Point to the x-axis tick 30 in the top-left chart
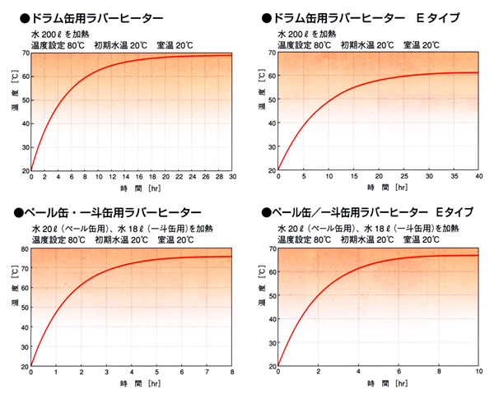[x=232, y=178]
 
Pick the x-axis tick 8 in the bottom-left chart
[x=232, y=373]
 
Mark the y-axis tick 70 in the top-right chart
[x=271, y=53]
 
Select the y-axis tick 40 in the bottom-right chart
[x=271, y=318]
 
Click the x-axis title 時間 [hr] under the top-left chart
[x=132, y=189]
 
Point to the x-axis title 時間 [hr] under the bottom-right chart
[x=380, y=385]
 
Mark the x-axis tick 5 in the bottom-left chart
[x=157, y=373]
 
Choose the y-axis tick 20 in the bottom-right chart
[x=271, y=364]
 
